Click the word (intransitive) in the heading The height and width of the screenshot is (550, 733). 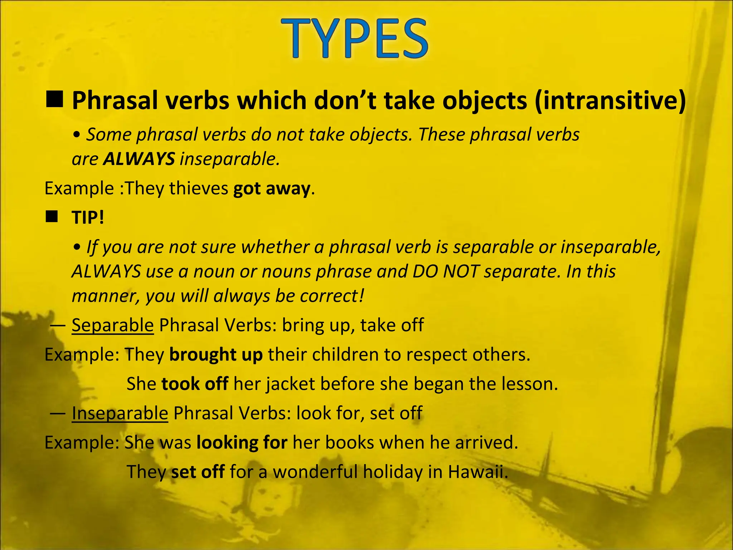click(x=610, y=101)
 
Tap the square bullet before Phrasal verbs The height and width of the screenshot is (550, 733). click(x=55, y=99)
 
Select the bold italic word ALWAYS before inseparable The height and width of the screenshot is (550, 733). click(x=139, y=159)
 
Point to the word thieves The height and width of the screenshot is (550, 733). click(x=199, y=188)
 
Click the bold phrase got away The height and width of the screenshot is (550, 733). click(x=271, y=188)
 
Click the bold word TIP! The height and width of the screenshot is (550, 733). click(x=88, y=218)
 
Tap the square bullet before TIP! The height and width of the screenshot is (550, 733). click(x=52, y=217)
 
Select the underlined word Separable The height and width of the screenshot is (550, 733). click(x=113, y=325)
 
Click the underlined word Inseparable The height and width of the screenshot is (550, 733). click(x=120, y=413)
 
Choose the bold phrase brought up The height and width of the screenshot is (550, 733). click(x=216, y=354)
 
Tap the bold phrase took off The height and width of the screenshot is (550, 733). click(x=195, y=384)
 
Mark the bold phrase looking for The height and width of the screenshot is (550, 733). click(x=242, y=443)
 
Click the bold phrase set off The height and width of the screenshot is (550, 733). click(x=198, y=472)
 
